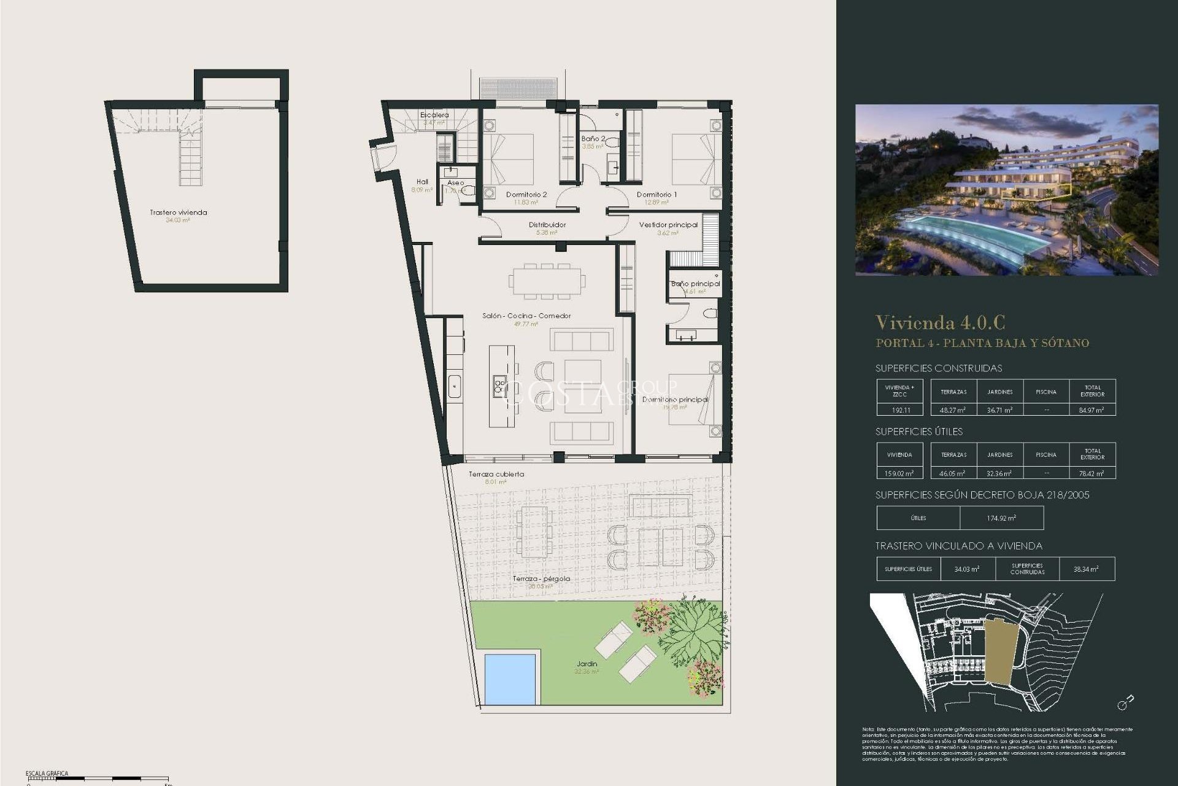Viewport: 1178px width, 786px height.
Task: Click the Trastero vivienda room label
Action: pyautogui.click(x=179, y=212)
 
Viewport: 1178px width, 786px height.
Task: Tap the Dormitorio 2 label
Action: pyautogui.click(x=526, y=195)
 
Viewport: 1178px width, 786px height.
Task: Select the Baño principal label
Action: pyautogui.click(x=695, y=284)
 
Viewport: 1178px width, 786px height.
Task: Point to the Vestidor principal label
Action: pyautogui.click(x=668, y=225)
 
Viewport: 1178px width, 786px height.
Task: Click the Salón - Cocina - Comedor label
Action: pyautogui.click(x=526, y=316)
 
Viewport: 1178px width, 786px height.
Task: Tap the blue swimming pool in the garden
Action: pyautogui.click(x=510, y=679)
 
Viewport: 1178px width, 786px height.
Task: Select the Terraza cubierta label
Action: pyautogui.click(x=496, y=474)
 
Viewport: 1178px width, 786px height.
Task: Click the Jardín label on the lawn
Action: pyautogui.click(x=587, y=664)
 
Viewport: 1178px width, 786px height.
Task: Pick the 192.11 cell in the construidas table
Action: pyautogui.click(x=900, y=410)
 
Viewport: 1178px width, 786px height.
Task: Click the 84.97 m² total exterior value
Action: pyautogui.click(x=1091, y=410)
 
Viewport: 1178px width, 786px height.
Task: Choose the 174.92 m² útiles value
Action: pyautogui.click(x=1001, y=518)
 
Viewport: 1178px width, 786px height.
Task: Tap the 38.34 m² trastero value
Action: pyautogui.click(x=1086, y=569)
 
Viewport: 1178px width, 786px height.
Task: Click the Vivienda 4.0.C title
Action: pyautogui.click(x=940, y=322)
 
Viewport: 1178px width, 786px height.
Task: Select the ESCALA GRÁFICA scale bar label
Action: pyautogui.click(x=47, y=773)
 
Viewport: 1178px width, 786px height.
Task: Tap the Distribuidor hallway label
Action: pyautogui.click(x=547, y=225)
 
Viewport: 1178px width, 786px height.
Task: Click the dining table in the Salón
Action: pyautogui.click(x=547, y=280)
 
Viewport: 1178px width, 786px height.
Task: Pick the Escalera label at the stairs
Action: pyautogui.click(x=434, y=115)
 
